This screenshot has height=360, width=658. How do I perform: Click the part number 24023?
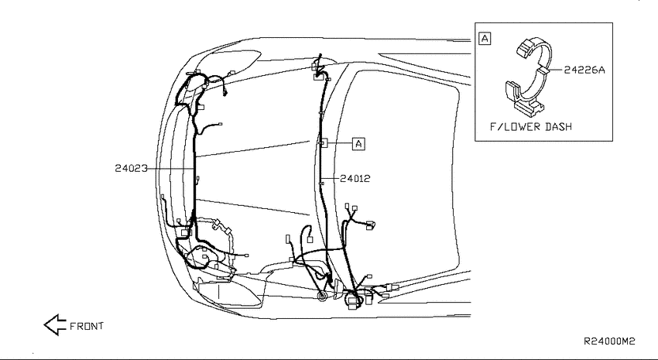click(132, 168)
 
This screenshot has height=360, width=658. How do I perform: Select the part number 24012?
click(355, 178)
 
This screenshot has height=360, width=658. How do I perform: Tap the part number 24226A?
click(584, 70)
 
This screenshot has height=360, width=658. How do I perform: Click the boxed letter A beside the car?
click(358, 143)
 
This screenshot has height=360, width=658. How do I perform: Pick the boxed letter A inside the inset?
click(485, 39)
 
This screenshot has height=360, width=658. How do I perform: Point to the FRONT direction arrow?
click(55, 324)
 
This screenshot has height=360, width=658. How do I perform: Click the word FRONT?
click(87, 326)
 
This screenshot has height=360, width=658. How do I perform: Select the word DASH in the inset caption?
click(558, 126)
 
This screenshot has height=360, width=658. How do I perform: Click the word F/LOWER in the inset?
click(516, 126)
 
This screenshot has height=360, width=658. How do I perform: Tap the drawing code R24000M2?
click(609, 341)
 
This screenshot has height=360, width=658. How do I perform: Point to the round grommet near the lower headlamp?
click(322, 297)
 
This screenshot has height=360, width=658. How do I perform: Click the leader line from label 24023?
click(171, 169)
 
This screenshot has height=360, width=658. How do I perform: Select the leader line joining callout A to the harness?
click(339, 143)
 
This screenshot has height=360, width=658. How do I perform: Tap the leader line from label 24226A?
click(556, 70)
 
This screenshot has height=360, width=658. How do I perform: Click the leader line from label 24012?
click(331, 178)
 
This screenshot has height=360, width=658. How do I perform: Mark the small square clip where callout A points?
click(322, 143)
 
